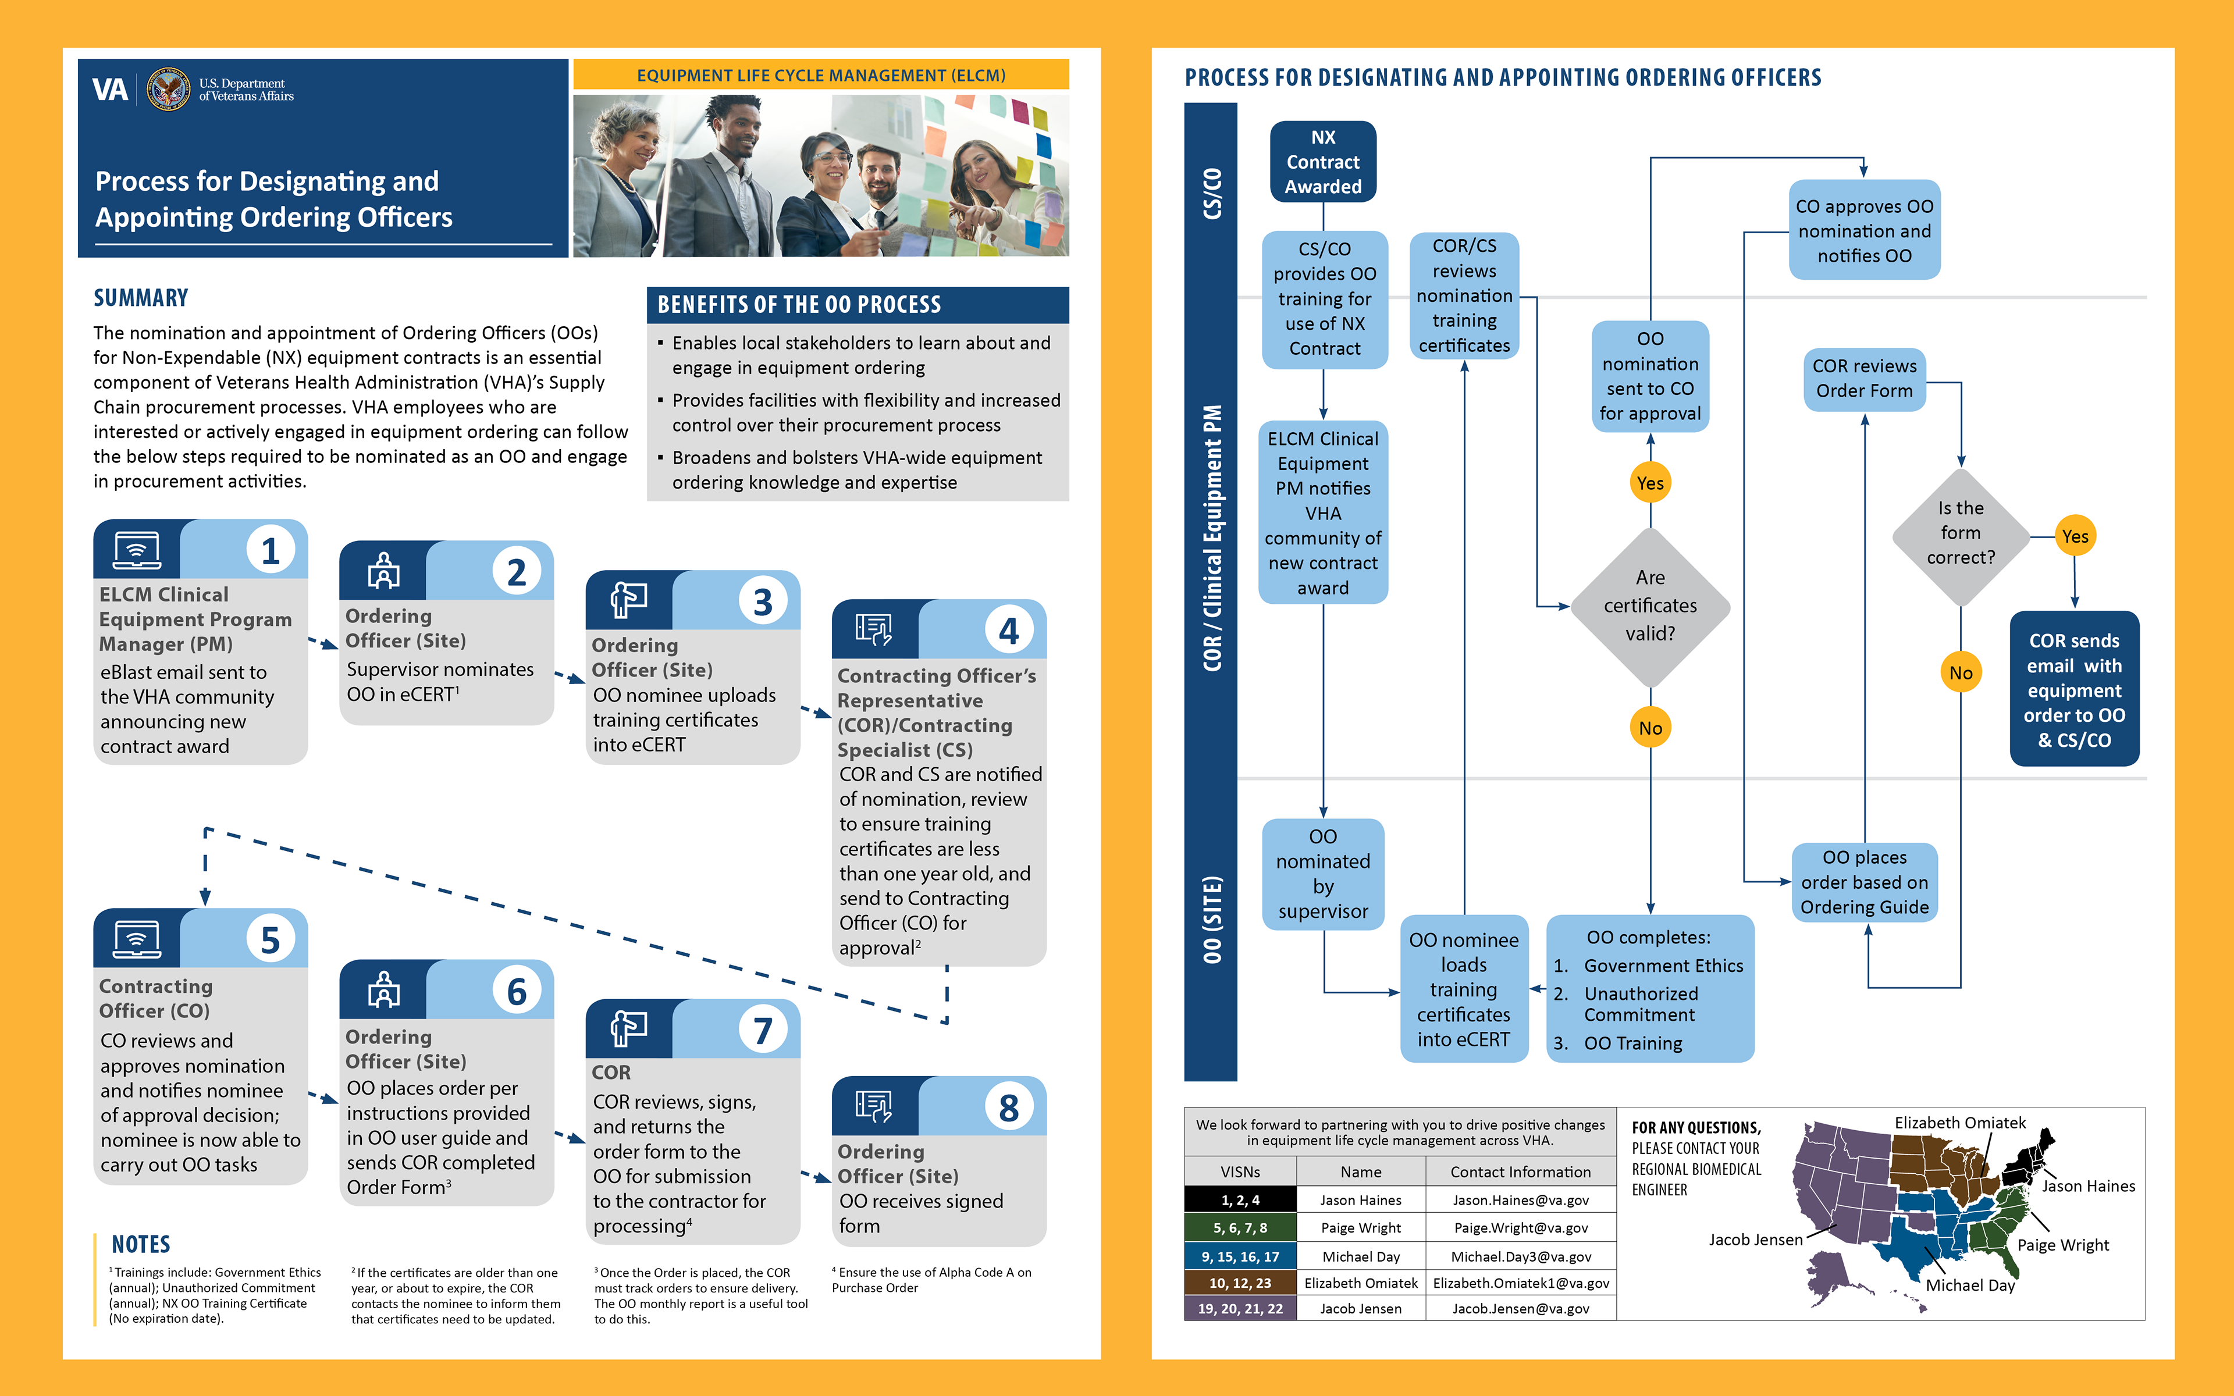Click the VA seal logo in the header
pyautogui.click(x=169, y=90)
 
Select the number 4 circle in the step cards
pyautogui.click(x=1008, y=631)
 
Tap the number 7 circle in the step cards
pyautogui.click(x=763, y=1030)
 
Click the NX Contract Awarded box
pyautogui.click(x=1323, y=162)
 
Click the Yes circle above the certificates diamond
pyautogui.click(x=1650, y=483)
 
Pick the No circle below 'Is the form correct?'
pyautogui.click(x=1961, y=673)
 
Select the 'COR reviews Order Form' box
pyautogui.click(x=1864, y=379)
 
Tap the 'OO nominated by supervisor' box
pyautogui.click(x=1323, y=874)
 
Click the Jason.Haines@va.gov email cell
pyautogui.click(x=1520, y=1200)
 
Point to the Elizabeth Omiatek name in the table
pyautogui.click(x=1361, y=1283)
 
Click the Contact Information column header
pyautogui.click(x=1520, y=1171)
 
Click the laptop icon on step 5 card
pyautogui.click(x=137, y=939)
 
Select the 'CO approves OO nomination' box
pyautogui.click(x=1864, y=230)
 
